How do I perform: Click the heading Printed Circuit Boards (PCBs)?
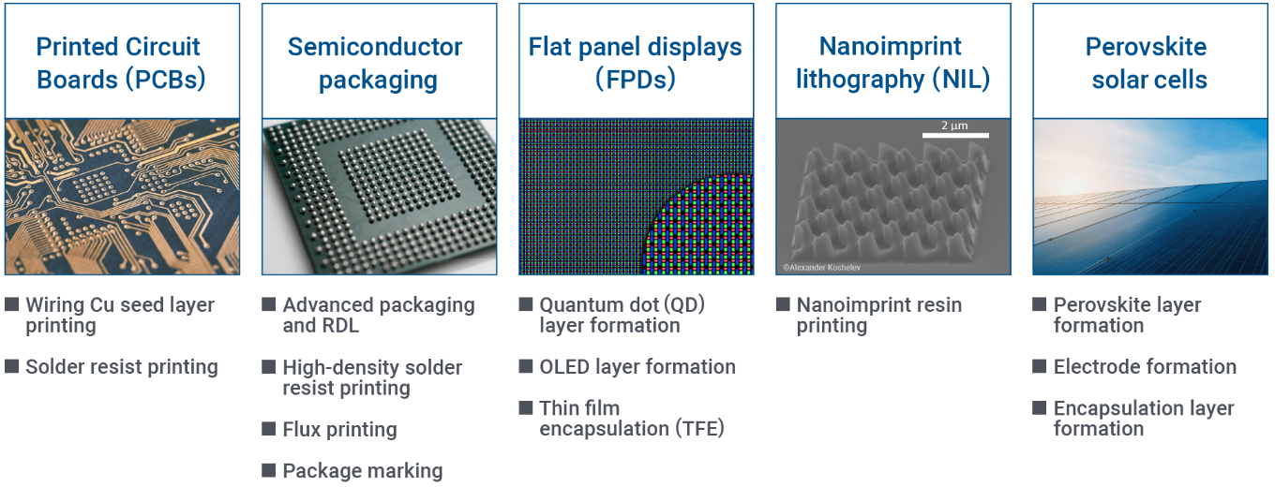click(121, 63)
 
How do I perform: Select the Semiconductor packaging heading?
click(376, 63)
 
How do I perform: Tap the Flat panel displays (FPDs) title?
click(636, 63)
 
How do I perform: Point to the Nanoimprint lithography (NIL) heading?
click(892, 63)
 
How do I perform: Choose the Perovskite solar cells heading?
click(1147, 63)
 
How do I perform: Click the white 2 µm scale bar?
click(955, 136)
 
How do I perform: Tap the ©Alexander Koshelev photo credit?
click(821, 268)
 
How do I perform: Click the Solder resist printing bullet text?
click(121, 367)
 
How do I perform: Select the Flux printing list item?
click(339, 430)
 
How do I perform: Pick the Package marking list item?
click(363, 471)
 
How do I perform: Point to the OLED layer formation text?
click(637, 367)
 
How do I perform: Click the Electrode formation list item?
click(1145, 367)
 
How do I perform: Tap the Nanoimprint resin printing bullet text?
click(878, 316)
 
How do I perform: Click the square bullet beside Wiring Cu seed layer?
click(12, 304)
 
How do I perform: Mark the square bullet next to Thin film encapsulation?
click(526, 407)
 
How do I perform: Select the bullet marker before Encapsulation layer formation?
click(1040, 407)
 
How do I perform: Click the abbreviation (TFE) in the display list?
click(699, 428)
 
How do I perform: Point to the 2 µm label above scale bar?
click(954, 125)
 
